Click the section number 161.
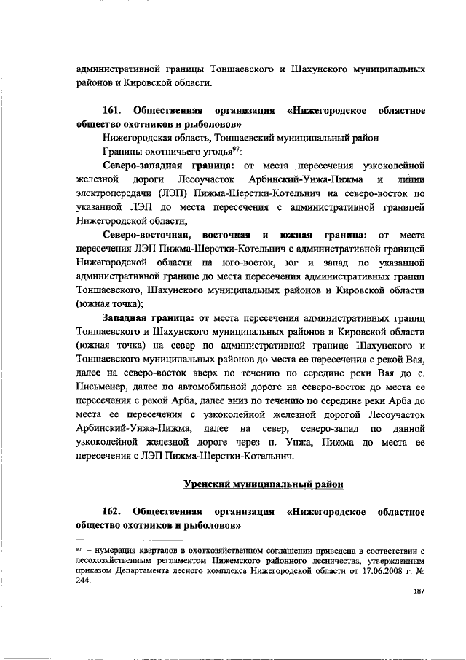click(113, 111)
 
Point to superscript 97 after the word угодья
click(235, 149)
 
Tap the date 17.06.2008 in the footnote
click(368, 571)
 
